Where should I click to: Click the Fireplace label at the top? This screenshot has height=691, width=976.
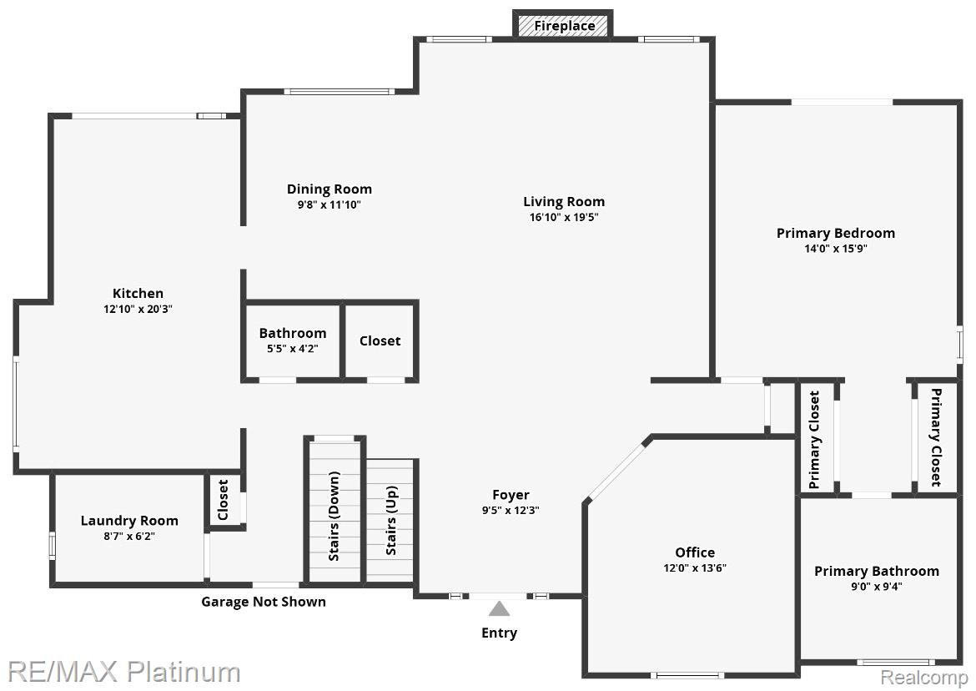pyautogui.click(x=565, y=26)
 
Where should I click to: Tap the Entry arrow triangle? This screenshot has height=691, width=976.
pyautogui.click(x=499, y=609)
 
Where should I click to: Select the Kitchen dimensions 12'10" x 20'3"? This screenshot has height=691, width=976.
pyautogui.click(x=138, y=309)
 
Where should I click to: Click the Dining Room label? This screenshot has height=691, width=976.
pyautogui.click(x=330, y=189)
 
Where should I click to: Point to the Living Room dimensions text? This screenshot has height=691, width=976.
pyautogui.click(x=564, y=217)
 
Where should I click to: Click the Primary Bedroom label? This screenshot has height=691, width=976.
pyautogui.click(x=836, y=234)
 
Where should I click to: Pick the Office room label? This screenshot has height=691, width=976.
pyautogui.click(x=695, y=552)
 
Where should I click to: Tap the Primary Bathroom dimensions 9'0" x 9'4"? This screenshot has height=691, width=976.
pyautogui.click(x=877, y=587)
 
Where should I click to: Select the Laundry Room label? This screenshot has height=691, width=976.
pyautogui.click(x=129, y=521)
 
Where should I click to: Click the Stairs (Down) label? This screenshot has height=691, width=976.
pyautogui.click(x=335, y=516)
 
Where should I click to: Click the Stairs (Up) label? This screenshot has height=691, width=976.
pyautogui.click(x=391, y=521)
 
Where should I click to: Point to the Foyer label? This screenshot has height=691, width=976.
pyautogui.click(x=511, y=495)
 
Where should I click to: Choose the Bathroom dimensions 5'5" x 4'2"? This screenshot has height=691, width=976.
pyautogui.click(x=293, y=349)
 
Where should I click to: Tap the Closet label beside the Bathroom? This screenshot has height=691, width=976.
pyautogui.click(x=380, y=341)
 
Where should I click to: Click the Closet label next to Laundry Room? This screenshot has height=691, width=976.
pyautogui.click(x=224, y=499)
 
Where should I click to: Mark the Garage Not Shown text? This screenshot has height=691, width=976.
pyautogui.click(x=264, y=602)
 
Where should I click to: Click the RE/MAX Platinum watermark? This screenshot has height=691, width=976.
pyautogui.click(x=124, y=672)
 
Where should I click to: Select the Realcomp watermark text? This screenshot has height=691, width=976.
pyautogui.click(x=923, y=678)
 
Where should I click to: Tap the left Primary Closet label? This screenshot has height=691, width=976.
pyautogui.click(x=814, y=440)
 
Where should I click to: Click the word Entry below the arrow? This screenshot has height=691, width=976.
pyautogui.click(x=499, y=633)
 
